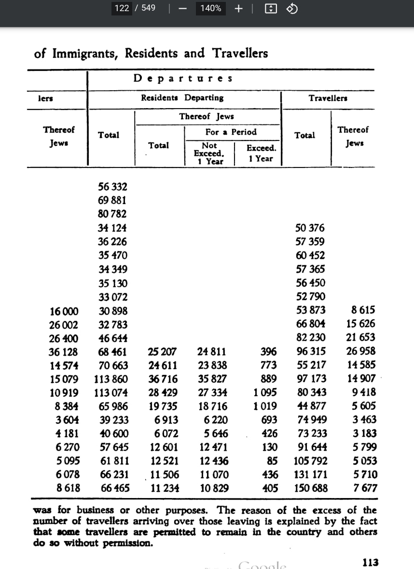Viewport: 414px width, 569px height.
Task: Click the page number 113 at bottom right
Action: pos(370,562)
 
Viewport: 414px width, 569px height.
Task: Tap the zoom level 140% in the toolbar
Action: pos(211,8)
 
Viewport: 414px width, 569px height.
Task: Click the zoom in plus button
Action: pos(238,8)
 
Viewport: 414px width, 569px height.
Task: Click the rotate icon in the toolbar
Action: pos(292,8)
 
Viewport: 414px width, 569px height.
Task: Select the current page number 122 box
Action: pos(122,8)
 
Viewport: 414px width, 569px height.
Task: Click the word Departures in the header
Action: pos(183,78)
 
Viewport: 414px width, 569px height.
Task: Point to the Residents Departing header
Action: pos(182,97)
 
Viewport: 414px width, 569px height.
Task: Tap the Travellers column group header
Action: pos(328,98)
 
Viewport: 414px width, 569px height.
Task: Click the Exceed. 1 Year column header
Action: pos(261,153)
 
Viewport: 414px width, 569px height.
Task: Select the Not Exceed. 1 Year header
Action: pos(209,153)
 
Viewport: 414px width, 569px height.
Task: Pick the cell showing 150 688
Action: pos(311,488)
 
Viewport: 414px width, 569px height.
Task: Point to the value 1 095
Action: pos(265,392)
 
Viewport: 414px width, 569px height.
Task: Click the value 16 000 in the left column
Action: pos(64,311)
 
